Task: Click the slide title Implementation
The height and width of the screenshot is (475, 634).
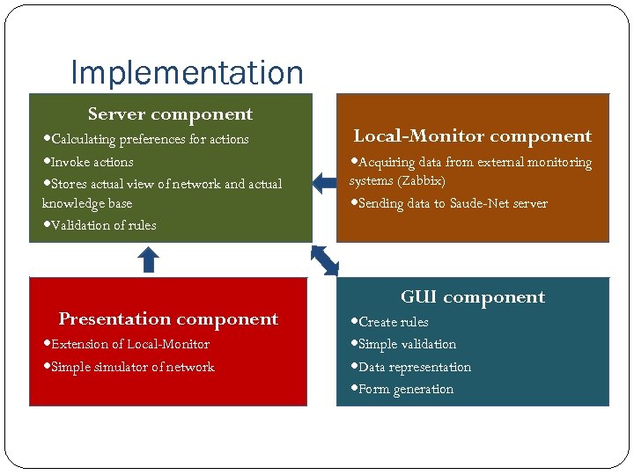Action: click(187, 72)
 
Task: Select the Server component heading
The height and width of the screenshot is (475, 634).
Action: click(170, 114)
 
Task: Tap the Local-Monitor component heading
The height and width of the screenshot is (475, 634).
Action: click(472, 136)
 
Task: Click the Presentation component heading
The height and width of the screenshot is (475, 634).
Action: click(168, 319)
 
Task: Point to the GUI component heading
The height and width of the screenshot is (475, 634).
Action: click(472, 297)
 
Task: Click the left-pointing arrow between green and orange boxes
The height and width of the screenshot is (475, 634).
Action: click(324, 183)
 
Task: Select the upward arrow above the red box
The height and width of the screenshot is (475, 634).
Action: click(149, 259)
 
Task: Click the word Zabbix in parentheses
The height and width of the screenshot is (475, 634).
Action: click(421, 181)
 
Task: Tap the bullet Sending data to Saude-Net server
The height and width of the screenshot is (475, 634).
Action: click(453, 204)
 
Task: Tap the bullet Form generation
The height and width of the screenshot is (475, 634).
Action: click(405, 390)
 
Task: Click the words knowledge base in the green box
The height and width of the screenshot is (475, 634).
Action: click(87, 204)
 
